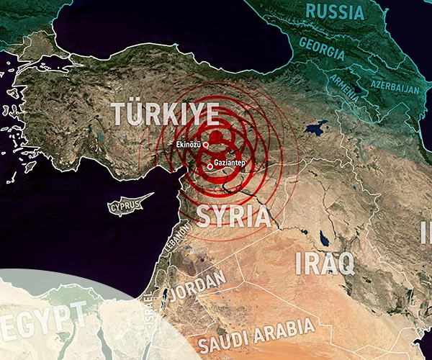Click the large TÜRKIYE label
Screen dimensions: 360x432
pos(165,114)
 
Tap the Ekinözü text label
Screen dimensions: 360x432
pos(189,145)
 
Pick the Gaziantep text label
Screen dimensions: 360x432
pos(230,163)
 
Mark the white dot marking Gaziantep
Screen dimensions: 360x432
pos(210,166)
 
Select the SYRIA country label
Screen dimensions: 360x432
pos(233,216)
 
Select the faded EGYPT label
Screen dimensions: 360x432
pos(40,317)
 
